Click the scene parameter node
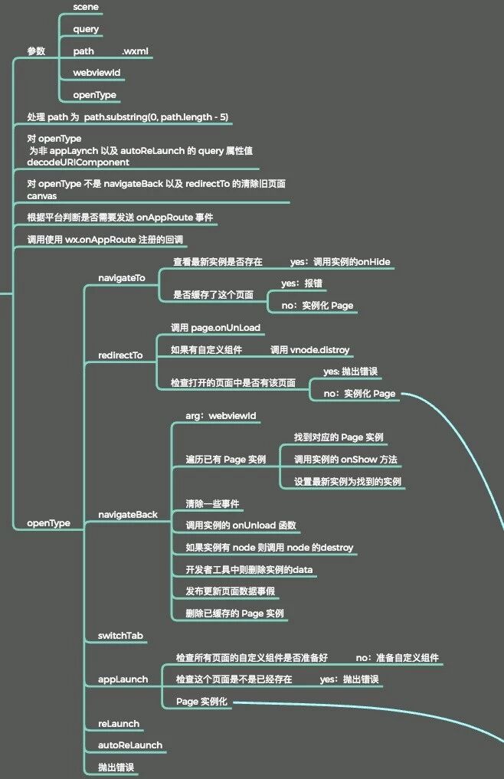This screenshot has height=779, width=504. [x=86, y=7]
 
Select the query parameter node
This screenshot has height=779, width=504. [x=86, y=29]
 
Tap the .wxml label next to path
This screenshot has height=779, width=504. [x=136, y=51]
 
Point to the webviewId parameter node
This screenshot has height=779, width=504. [x=97, y=73]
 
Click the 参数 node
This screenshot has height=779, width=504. [x=36, y=51]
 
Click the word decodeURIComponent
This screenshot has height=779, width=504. [x=78, y=162]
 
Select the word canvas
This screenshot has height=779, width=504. [x=42, y=196]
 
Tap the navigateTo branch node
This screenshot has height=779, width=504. [x=121, y=277]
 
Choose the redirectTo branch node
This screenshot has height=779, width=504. [x=120, y=355]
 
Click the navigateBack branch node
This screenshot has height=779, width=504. [x=127, y=515]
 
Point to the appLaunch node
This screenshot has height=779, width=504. [x=123, y=679]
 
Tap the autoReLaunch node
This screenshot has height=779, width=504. [x=129, y=745]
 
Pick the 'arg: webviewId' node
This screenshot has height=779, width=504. [x=221, y=416]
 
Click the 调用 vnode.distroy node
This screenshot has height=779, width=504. [x=309, y=350]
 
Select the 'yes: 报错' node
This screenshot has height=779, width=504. [x=302, y=283]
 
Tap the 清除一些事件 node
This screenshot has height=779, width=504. [x=212, y=504]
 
